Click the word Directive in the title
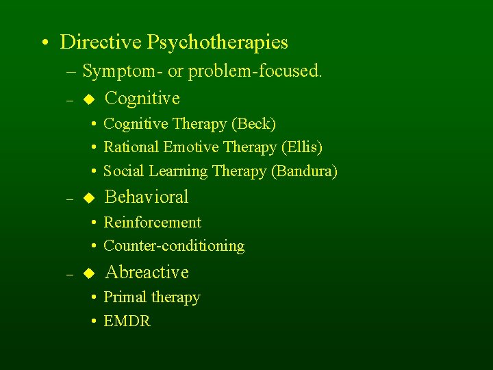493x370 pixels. [101, 42]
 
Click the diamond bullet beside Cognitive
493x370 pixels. [87, 99]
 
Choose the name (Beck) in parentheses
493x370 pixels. [253, 124]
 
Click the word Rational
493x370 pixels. [131, 147]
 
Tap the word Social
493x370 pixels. [123, 171]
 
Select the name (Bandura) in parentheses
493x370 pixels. [305, 171]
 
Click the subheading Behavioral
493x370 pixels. [147, 197]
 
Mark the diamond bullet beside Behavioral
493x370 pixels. [87, 198]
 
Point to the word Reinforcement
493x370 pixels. [152, 223]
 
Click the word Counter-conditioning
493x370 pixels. [174, 246]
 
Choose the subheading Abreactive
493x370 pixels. [147, 272]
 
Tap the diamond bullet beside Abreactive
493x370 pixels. [87, 273]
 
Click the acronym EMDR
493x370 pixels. [127, 321]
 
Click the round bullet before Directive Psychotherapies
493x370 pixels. [43, 43]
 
